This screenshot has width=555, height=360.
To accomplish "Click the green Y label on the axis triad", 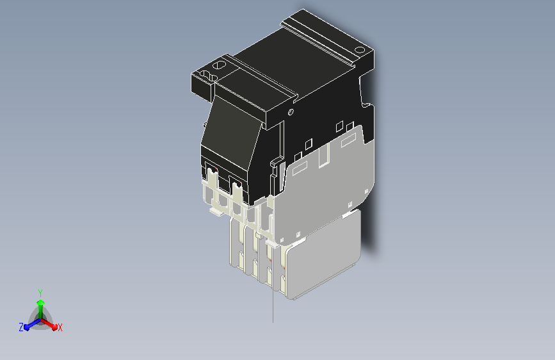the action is click(40, 293).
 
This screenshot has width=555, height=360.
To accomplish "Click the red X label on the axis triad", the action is click(60, 328).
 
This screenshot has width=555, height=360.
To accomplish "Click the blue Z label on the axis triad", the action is click(21, 327).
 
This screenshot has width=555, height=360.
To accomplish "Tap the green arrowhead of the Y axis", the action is click(41, 302).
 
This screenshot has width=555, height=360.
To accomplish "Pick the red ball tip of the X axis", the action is click(54, 327).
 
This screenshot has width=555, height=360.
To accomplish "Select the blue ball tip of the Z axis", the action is click(27, 328).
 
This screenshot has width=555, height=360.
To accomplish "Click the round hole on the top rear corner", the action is click(360, 49).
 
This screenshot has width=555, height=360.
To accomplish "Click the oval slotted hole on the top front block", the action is click(219, 65).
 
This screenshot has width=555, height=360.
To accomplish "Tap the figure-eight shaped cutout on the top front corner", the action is click(209, 76).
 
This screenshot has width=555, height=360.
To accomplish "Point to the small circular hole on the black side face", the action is click(291, 112).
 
